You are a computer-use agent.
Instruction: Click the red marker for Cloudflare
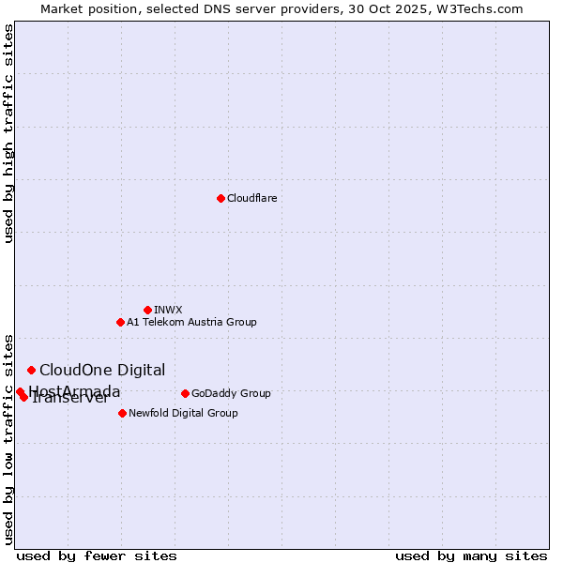221,198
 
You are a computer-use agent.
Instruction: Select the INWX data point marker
147,310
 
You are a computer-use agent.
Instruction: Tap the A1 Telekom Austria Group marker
120,322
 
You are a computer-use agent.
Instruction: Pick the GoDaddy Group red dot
185,393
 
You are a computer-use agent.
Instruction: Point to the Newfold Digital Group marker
122,413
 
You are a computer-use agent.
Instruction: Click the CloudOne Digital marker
31,370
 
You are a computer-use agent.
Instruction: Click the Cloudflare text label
251,198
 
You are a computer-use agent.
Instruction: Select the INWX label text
168,310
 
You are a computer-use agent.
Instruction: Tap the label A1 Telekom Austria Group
191,322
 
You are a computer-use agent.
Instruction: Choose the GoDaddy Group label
231,393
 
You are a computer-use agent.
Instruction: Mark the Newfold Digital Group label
183,413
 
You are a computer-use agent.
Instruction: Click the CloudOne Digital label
102,370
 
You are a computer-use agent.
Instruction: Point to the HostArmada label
75,390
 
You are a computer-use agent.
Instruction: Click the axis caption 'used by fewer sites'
97,555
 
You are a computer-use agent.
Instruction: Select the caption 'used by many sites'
471,555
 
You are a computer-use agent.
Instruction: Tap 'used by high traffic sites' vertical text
9,134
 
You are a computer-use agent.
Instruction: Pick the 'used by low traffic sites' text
9,438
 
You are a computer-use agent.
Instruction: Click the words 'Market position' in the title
82,8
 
